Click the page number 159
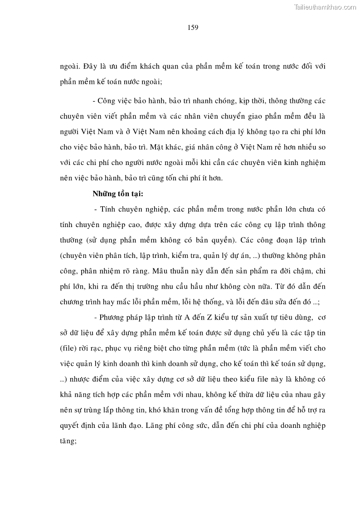pos(193,27)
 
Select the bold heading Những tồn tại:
pos(118,194)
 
